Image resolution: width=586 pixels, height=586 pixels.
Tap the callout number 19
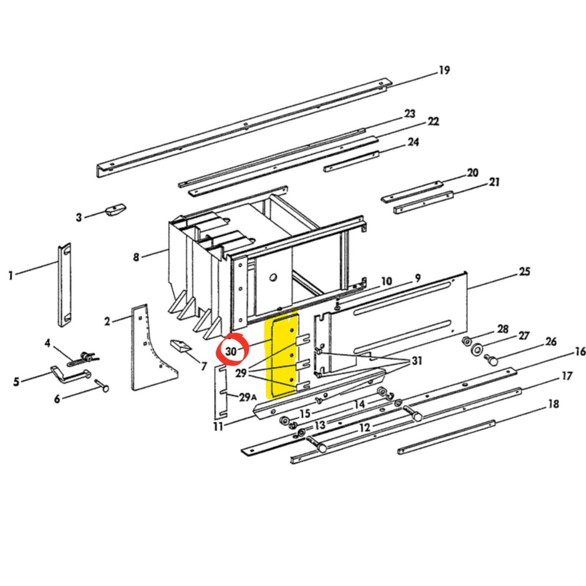tap(444, 70)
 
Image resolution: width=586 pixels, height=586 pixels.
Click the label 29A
tap(247, 397)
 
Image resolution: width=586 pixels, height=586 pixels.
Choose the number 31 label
tap(416, 361)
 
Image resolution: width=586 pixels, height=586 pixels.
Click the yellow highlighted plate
tap(282, 357)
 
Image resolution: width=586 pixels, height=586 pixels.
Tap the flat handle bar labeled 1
tap(65, 284)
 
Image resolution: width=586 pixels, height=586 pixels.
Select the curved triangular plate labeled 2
tap(150, 352)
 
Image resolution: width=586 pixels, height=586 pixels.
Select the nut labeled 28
tap(465, 341)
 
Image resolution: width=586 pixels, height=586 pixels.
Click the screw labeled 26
tap(491, 360)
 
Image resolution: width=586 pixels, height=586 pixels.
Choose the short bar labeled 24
tap(351, 161)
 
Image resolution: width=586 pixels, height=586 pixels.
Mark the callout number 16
tap(580, 351)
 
